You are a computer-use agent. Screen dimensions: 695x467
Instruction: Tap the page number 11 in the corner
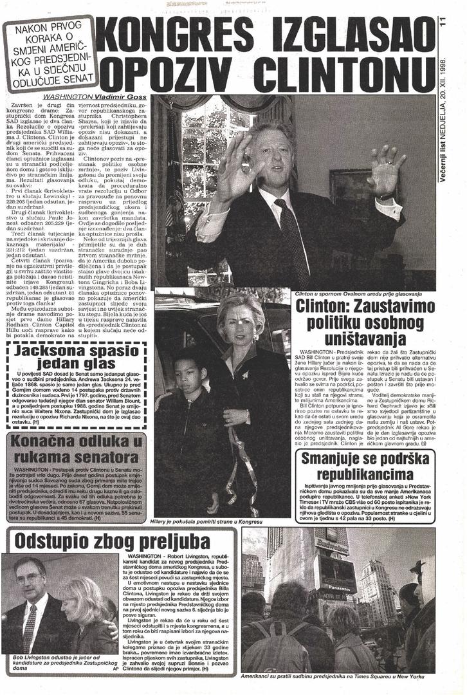coord(443,23)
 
